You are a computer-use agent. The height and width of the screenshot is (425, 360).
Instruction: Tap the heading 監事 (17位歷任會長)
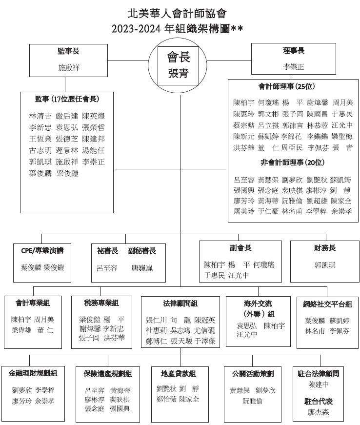point(67,99)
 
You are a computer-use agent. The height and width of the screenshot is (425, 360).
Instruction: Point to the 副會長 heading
point(240,248)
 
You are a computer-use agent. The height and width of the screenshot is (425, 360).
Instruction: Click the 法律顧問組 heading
point(180,303)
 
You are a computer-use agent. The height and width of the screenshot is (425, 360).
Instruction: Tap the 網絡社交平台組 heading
point(328,304)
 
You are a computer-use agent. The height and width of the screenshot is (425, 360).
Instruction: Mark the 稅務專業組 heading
point(101,303)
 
